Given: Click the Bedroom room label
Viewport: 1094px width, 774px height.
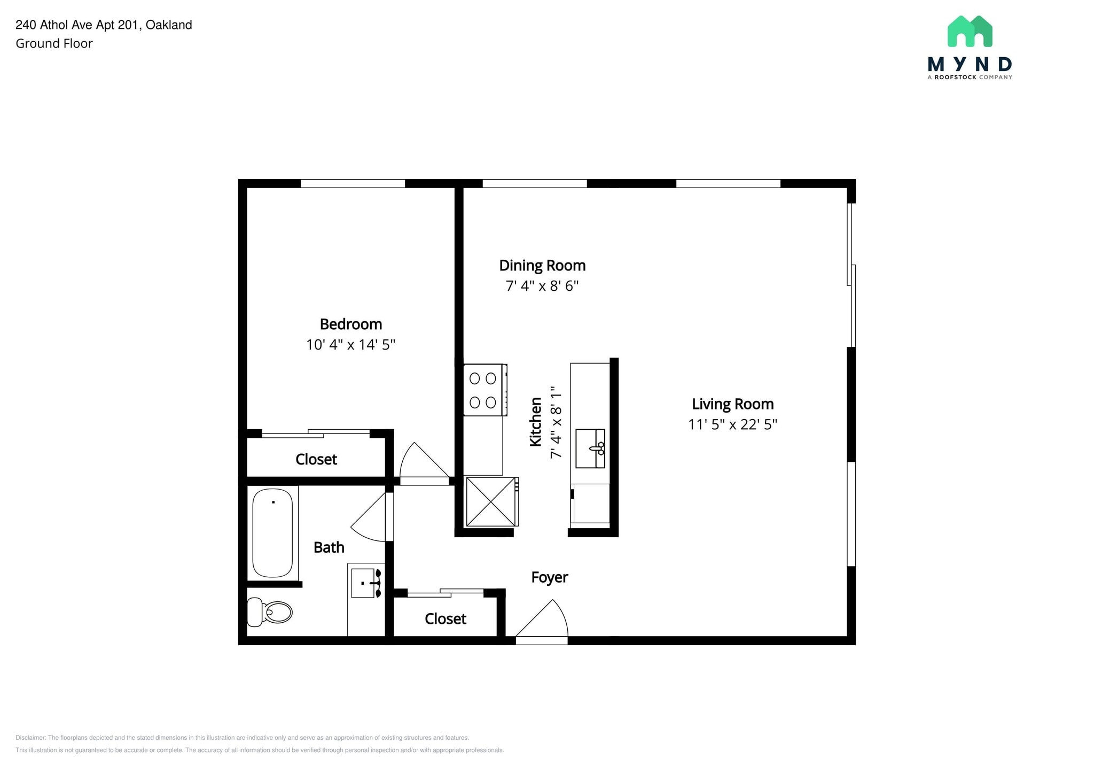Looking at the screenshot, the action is [350, 324].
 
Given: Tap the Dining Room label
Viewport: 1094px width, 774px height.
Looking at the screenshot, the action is [542, 266].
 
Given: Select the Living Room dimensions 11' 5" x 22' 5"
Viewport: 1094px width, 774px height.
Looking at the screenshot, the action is [732, 424].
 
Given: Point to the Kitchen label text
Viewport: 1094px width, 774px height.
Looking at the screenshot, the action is [535, 422].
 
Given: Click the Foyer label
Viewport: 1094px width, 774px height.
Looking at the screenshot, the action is [550, 577].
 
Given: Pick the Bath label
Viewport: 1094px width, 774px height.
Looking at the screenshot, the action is [329, 547].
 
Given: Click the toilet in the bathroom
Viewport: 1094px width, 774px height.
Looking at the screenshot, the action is [270, 612].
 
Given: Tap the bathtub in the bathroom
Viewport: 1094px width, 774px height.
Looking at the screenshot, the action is [272, 533].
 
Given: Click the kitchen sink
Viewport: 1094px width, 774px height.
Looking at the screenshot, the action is [590, 448].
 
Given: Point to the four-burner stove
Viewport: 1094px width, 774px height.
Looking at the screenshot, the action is [485, 390].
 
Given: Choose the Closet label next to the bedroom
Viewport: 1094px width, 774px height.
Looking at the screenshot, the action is [316, 459].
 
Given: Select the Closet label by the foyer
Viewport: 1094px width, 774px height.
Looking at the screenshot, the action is [446, 619].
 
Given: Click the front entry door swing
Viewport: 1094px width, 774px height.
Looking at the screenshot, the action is [541, 622].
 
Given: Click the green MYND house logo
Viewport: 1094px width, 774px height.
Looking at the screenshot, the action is [970, 31].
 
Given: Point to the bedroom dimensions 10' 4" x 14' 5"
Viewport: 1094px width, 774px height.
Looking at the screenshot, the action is [350, 345].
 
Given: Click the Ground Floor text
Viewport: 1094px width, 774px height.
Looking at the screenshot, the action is [54, 44].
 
